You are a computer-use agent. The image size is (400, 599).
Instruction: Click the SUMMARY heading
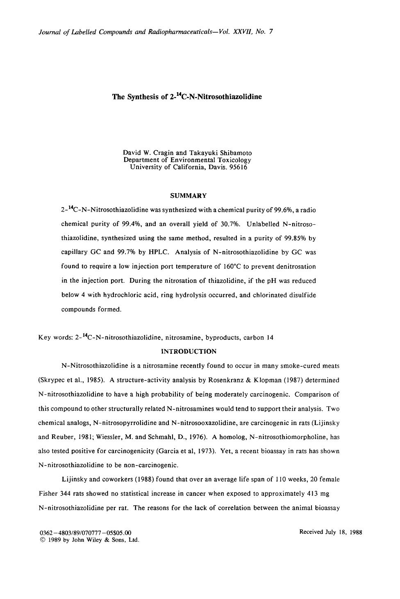click(188, 196)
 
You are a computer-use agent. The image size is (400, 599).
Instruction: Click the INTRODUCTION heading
click(189, 351)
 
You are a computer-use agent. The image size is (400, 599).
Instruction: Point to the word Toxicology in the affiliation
click(233, 160)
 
